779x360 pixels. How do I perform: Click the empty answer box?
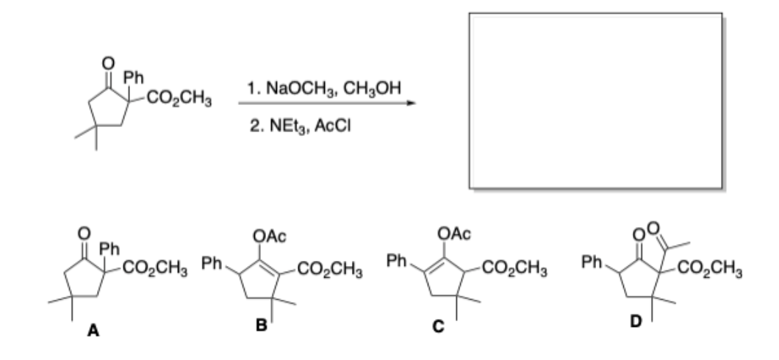click(595, 101)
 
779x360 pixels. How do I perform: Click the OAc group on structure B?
click(270, 235)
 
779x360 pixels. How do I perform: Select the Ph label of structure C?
click(396, 262)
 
